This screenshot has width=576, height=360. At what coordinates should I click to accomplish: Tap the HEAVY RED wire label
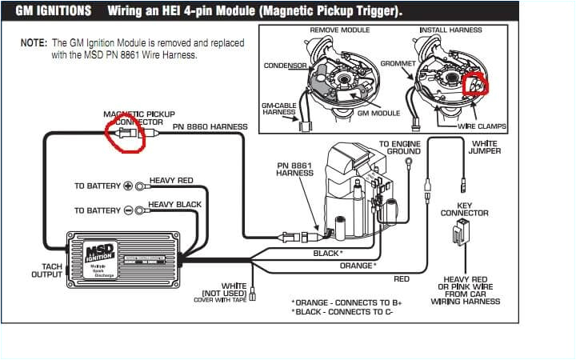click(171, 181)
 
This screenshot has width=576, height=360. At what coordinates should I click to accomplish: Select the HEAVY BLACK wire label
click(174, 205)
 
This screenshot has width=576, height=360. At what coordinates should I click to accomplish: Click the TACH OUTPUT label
click(46, 270)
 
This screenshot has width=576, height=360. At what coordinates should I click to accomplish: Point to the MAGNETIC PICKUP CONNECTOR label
click(139, 118)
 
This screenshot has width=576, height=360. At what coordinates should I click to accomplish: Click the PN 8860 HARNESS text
click(210, 127)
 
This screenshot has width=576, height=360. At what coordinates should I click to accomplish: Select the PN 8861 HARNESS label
click(294, 169)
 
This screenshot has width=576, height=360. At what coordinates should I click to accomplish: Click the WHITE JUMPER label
click(485, 147)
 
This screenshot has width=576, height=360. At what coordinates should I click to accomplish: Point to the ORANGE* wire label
click(357, 266)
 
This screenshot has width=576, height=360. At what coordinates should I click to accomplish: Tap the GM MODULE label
click(378, 114)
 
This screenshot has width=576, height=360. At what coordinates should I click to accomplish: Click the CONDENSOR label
click(286, 65)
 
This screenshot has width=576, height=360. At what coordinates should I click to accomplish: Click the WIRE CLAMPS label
click(481, 126)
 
